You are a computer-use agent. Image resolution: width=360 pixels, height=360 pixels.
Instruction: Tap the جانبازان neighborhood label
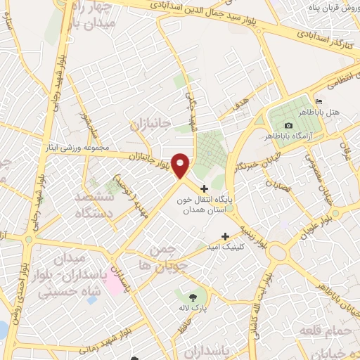click(x=150, y=124)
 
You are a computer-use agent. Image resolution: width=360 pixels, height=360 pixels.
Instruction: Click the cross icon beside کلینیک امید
click(x=225, y=236)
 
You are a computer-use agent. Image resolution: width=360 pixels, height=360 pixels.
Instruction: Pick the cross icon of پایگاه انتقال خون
click(x=204, y=188)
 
